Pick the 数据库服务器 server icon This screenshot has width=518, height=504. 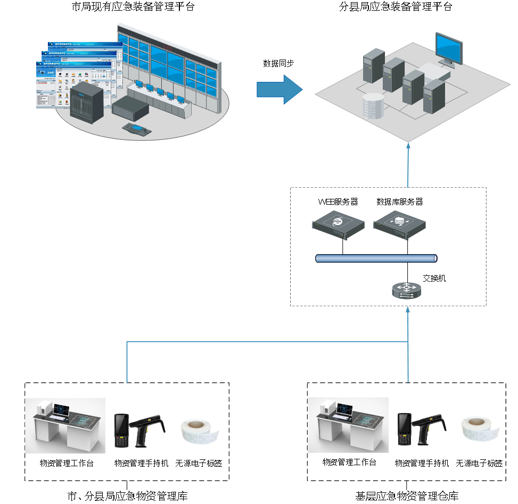(400, 223)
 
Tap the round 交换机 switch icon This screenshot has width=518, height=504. (407, 290)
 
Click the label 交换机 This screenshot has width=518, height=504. (434, 278)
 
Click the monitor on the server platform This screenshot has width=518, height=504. (449, 49)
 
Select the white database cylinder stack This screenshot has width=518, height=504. (373, 106)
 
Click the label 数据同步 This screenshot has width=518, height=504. (278, 63)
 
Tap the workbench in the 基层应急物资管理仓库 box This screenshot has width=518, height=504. (349, 425)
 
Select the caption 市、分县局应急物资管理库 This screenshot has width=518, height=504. (127, 497)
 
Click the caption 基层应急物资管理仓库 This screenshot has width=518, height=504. (407, 497)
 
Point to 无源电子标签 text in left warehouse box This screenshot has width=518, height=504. (199, 463)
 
